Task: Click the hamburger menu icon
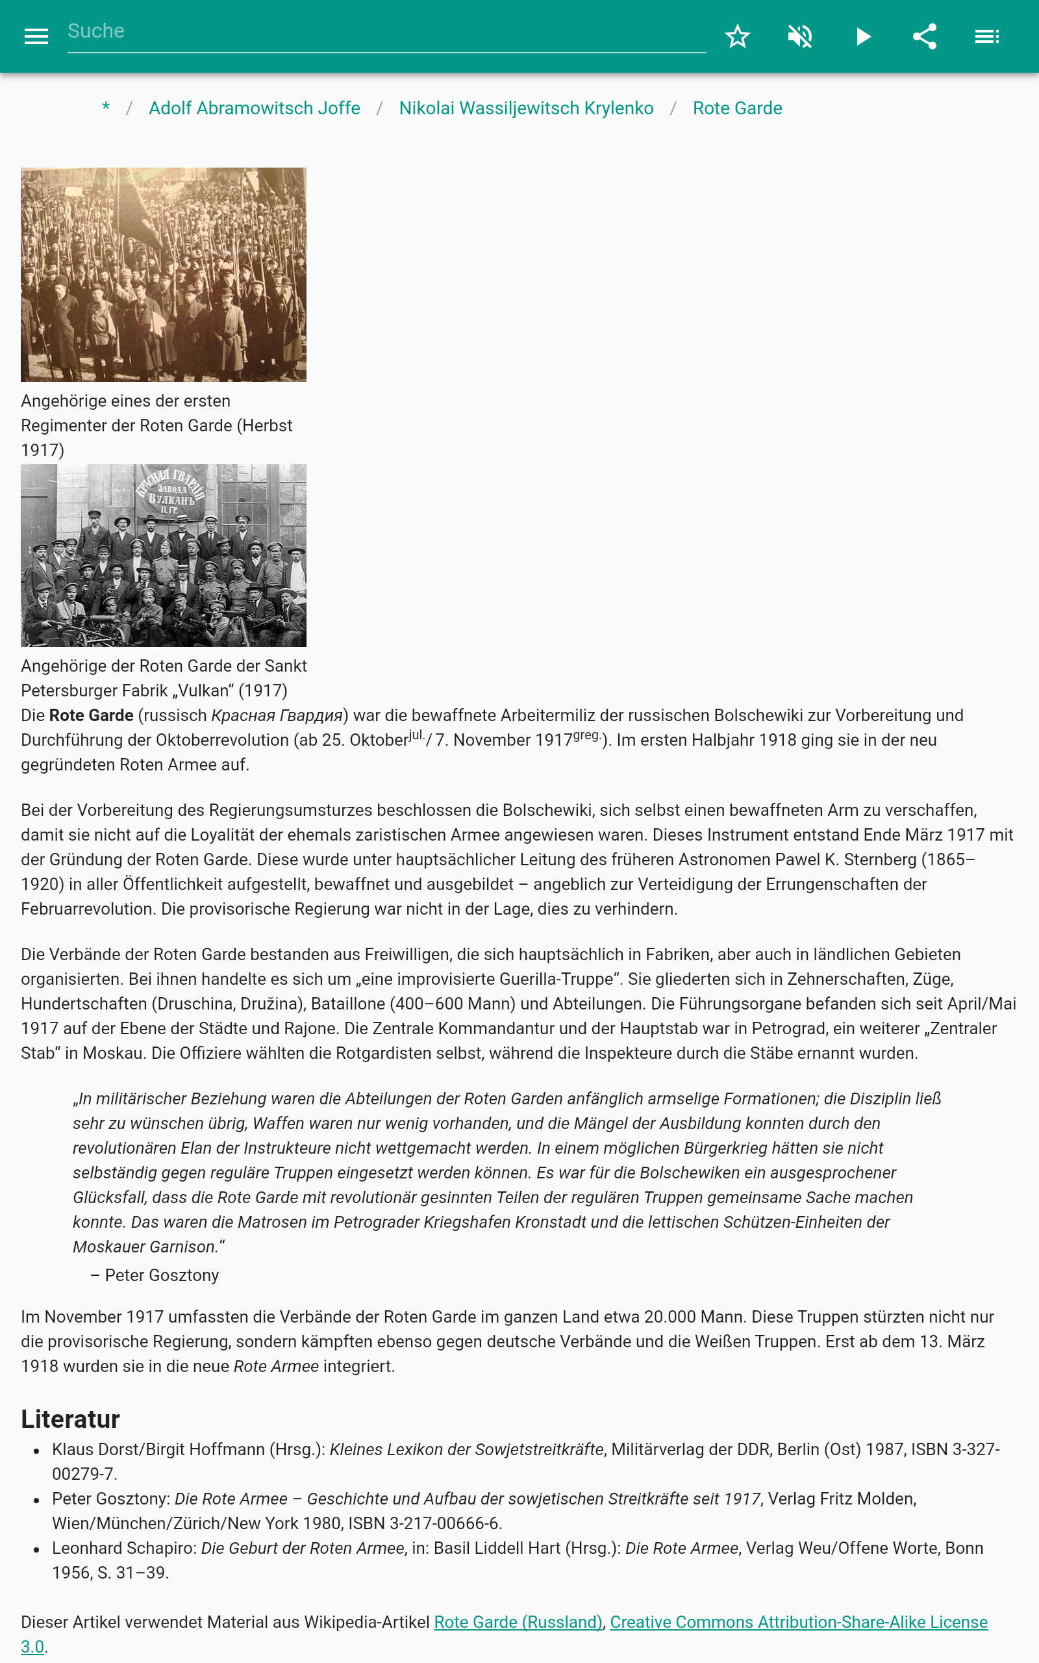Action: tap(36, 36)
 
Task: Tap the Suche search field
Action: tap(385, 32)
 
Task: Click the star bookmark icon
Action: tap(737, 36)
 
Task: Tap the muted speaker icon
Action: tap(800, 36)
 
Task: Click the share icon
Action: tap(924, 36)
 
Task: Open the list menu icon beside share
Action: tap(987, 36)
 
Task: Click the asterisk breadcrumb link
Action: tap(106, 108)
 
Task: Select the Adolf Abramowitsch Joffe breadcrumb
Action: tap(255, 108)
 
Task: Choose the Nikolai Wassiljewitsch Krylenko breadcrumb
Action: tap(526, 108)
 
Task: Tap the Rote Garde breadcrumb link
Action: tap(736, 108)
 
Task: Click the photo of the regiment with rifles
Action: tap(164, 274)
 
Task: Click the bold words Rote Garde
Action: tap(92, 715)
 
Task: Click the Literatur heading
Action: tap(70, 1419)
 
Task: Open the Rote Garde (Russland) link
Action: tap(518, 1623)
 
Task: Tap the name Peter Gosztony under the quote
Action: tap(162, 1275)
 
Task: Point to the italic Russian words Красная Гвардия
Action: tap(277, 715)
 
